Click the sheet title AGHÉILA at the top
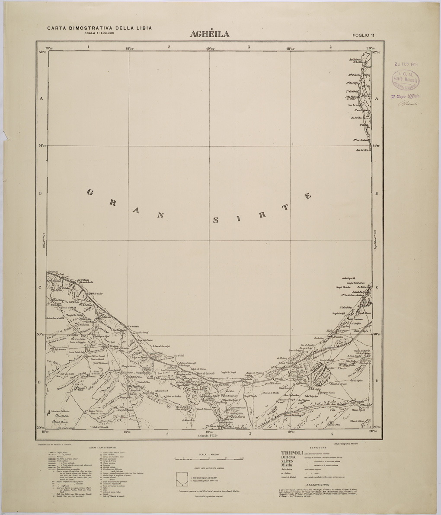point(210,34)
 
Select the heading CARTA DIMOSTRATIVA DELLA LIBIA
point(99,28)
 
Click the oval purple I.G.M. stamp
point(406,79)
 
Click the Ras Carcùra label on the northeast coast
point(362,150)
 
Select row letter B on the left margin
point(41,193)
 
